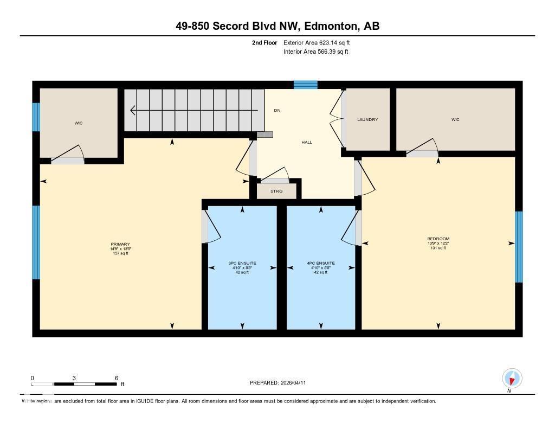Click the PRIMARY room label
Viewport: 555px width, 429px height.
pos(120,244)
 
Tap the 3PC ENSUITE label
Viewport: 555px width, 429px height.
pos(242,263)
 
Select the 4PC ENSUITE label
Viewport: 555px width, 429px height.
pos(321,263)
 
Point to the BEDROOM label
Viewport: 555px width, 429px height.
pos(438,239)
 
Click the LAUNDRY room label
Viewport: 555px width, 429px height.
pos(367,119)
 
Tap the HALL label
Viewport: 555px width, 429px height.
pos(307,142)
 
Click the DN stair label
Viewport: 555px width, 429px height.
pos(277,110)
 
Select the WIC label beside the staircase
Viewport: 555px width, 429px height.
pos(79,123)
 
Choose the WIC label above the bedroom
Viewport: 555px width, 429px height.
pos(455,119)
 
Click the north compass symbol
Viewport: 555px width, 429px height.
pos(512,378)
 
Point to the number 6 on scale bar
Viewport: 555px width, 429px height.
pos(117,377)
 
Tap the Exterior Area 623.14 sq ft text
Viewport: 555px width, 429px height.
pos(320,42)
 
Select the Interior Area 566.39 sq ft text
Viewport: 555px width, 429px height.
pos(315,52)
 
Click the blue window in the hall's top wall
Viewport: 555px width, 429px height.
pos(306,85)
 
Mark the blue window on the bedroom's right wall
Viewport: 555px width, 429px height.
pos(519,247)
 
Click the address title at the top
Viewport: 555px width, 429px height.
pos(277,26)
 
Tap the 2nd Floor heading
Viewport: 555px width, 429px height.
pos(264,42)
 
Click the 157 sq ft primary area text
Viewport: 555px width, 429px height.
pos(120,253)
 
